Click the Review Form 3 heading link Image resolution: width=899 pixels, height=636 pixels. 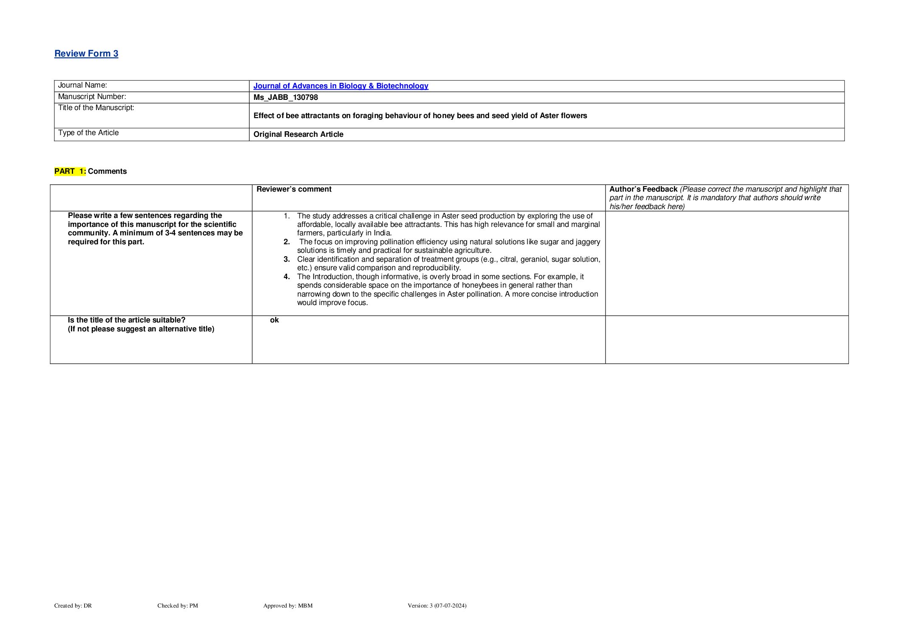pos(86,54)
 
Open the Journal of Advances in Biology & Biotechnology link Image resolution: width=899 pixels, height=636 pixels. pos(341,86)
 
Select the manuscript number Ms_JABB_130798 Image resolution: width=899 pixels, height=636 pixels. pos(285,97)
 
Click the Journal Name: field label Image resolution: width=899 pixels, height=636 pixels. pos(82,85)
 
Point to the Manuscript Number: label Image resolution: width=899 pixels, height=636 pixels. pos(92,97)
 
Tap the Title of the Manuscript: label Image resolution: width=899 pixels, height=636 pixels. pos(96,108)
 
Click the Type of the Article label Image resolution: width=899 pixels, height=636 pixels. pos(88,133)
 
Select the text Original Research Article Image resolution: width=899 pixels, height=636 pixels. pos(298,134)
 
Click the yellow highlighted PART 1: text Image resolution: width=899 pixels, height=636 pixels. pos(70,171)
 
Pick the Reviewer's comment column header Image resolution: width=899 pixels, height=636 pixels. pos(294,189)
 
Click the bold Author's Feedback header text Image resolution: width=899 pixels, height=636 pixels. pos(643,189)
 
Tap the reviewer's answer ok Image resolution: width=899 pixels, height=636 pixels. pos(274,320)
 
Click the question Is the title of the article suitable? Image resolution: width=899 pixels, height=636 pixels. pos(127,320)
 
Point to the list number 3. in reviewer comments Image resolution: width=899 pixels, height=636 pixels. pos(287,259)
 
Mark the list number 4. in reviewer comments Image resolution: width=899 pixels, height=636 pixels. pos(287,277)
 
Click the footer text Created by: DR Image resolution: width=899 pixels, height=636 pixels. pos(73,606)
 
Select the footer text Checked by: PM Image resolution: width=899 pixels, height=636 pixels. pos(178,606)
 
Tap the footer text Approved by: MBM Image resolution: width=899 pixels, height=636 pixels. pos(287,606)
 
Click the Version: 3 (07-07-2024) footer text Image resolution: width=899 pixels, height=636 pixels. pos(437,606)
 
